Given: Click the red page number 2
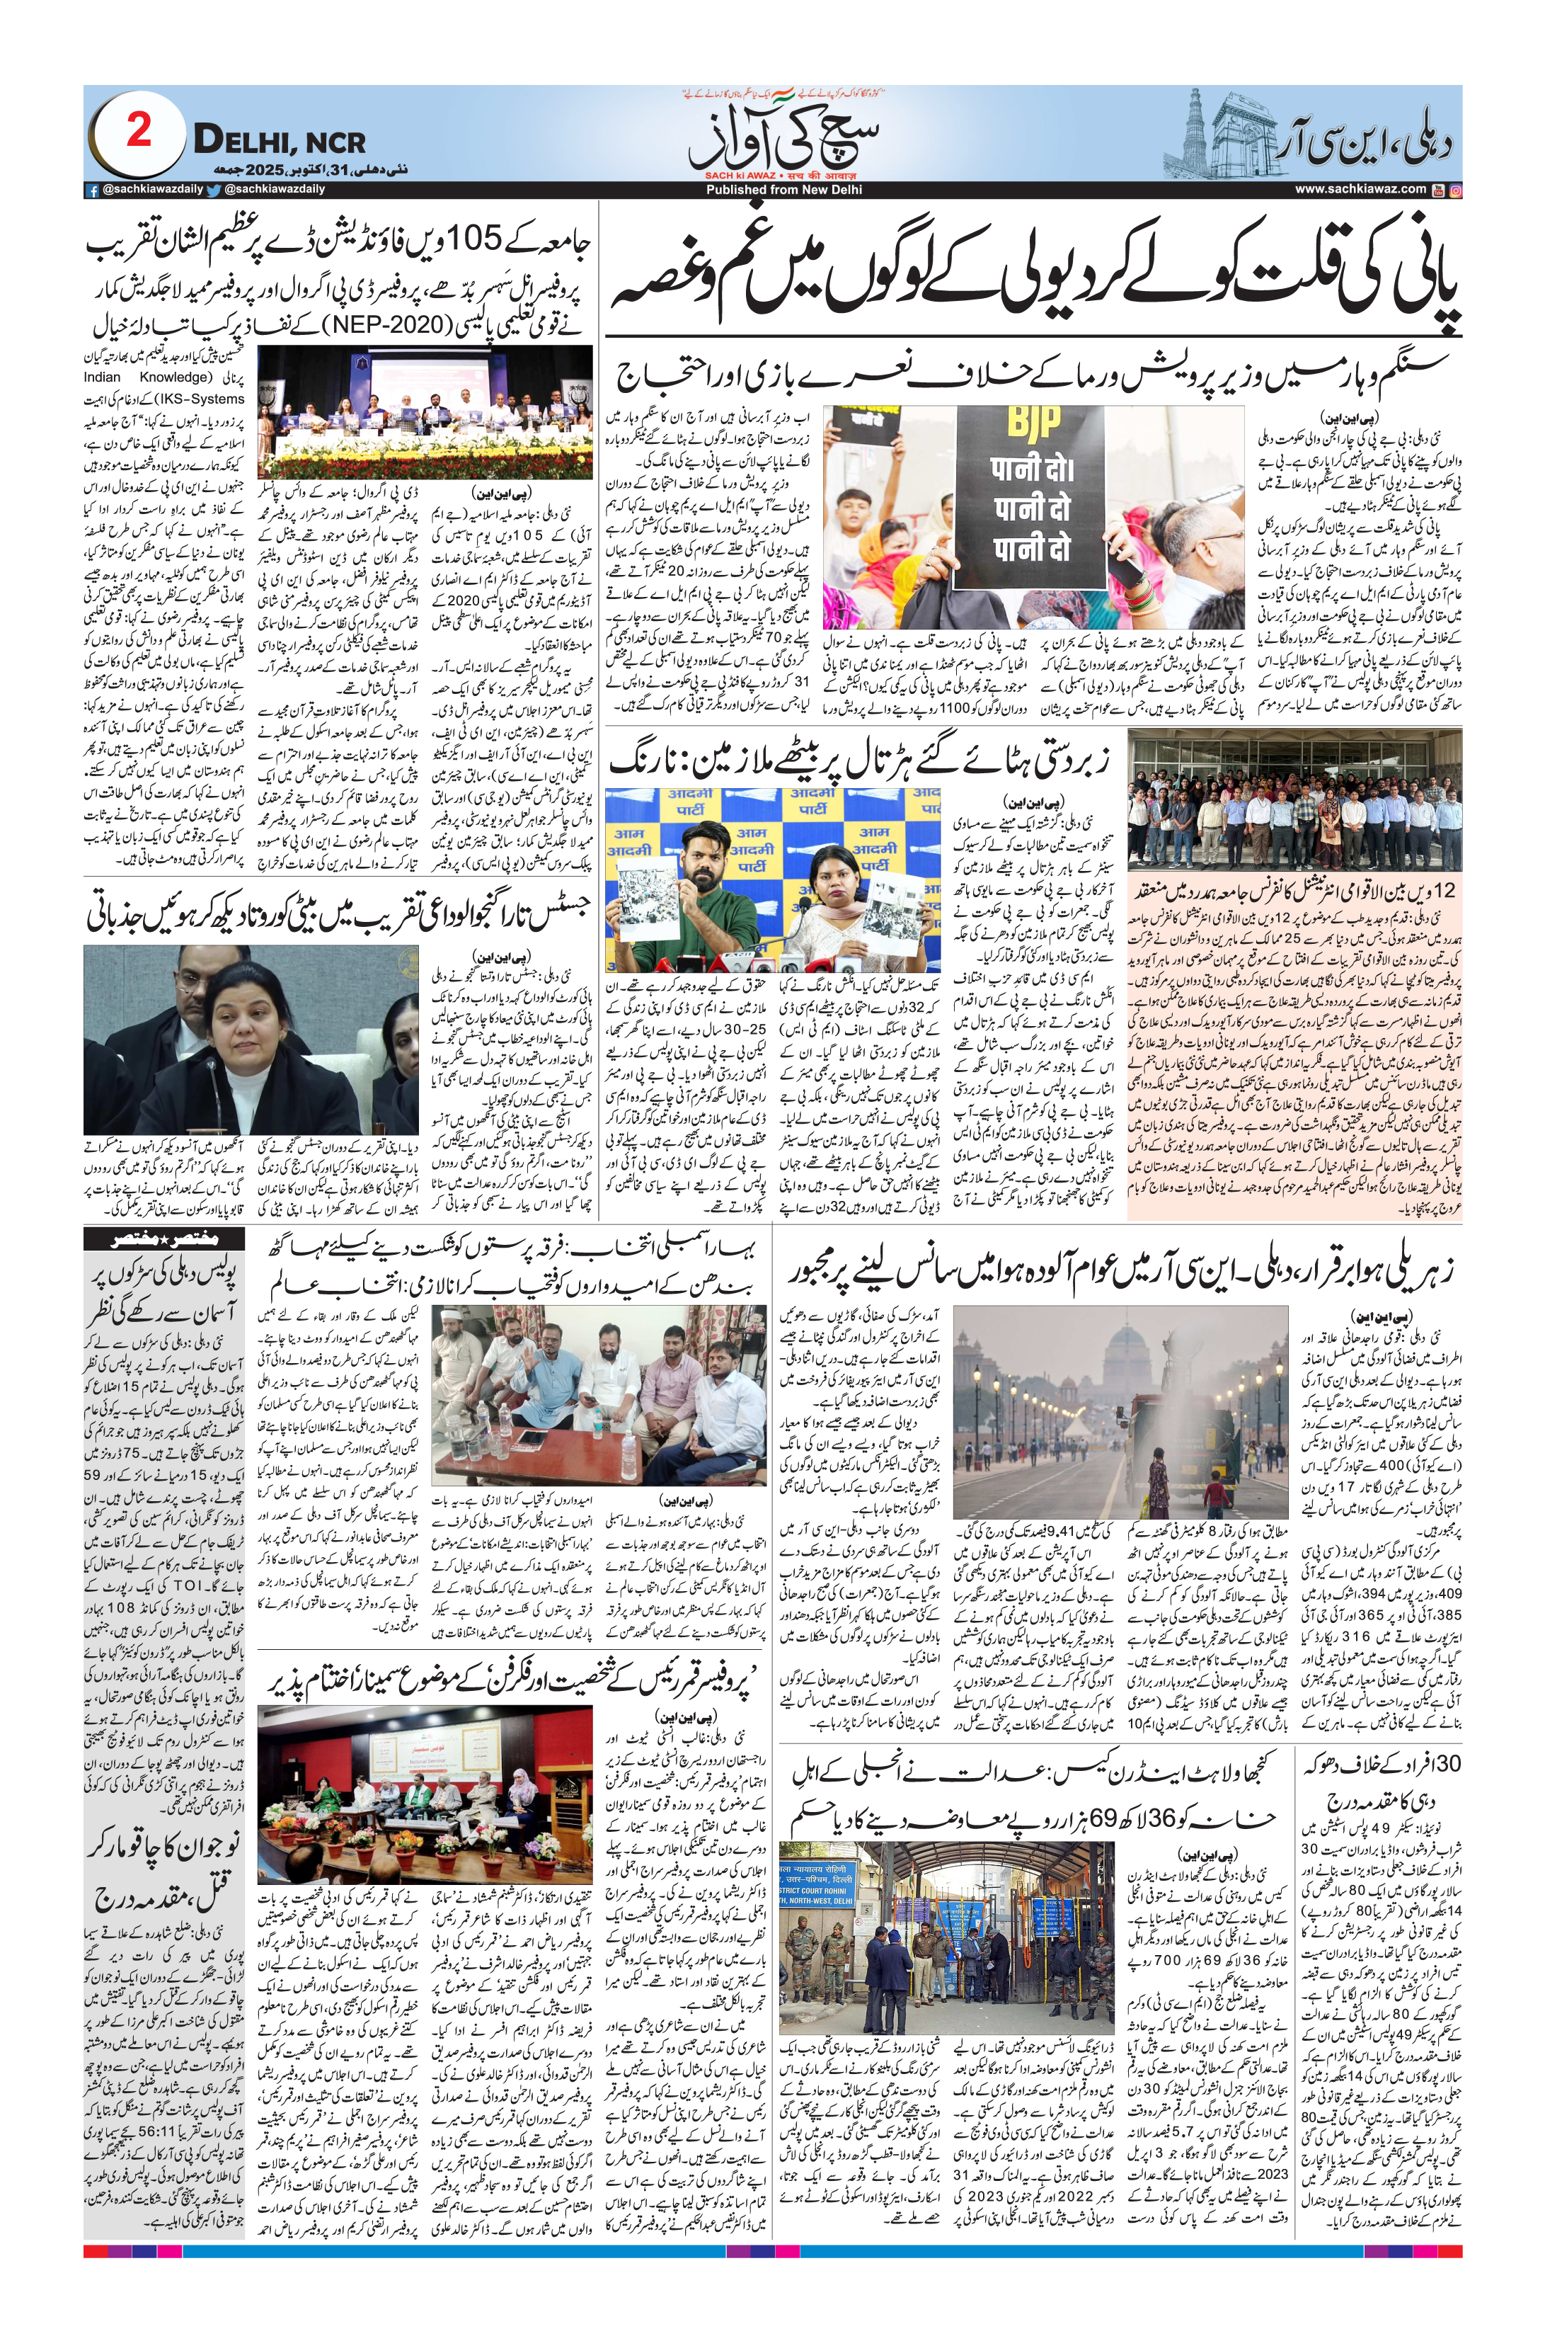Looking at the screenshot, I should click(x=138, y=130).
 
